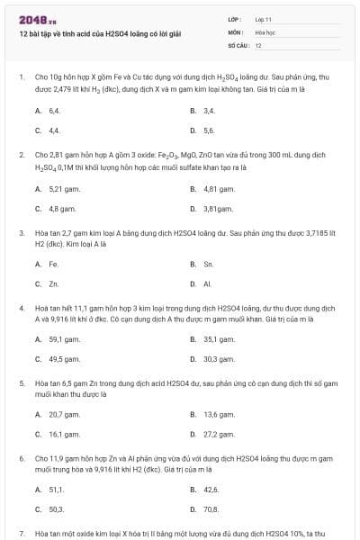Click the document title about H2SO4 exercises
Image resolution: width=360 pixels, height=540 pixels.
[100, 33]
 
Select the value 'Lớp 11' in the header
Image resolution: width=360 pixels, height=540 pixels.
[264, 18]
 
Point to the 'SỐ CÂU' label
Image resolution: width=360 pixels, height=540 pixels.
[237, 45]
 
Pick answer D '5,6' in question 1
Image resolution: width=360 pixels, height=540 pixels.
[209, 130]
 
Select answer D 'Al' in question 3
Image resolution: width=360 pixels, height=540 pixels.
[208, 284]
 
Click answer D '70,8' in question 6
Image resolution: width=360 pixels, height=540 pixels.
[211, 508]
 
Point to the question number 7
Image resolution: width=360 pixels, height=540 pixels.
[21, 533]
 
